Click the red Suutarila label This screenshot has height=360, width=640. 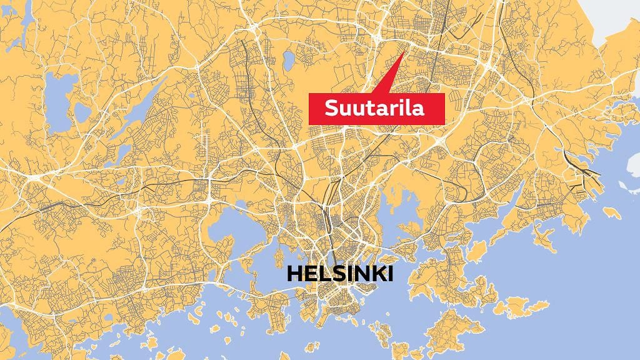pos(376,108)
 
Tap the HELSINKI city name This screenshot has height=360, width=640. pos(340,274)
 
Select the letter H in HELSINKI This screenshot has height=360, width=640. pos(293,274)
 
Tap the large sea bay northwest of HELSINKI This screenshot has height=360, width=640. pos(234,225)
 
